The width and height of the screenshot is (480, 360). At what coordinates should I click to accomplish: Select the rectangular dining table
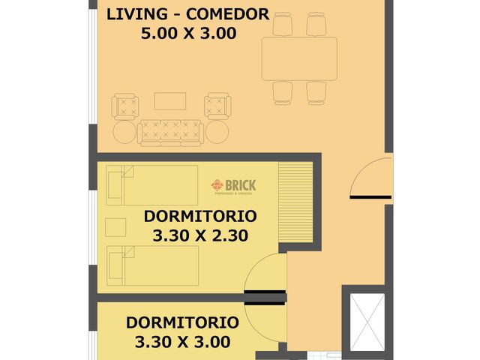click(299, 59)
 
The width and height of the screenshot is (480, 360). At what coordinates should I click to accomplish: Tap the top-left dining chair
click(283, 25)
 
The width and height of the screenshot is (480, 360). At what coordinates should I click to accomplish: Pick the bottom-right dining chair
click(316, 93)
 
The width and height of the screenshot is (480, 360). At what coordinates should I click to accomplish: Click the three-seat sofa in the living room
click(171, 131)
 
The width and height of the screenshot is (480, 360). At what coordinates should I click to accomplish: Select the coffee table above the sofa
click(169, 100)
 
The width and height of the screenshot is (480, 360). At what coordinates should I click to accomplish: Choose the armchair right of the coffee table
click(217, 106)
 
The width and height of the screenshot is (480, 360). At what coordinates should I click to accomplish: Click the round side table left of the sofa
click(124, 133)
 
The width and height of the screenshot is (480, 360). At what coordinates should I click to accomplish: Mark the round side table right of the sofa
click(217, 133)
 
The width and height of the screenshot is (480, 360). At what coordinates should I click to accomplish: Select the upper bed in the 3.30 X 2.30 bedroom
click(151, 184)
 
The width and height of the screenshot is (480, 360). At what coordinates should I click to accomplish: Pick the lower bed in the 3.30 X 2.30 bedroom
click(151, 265)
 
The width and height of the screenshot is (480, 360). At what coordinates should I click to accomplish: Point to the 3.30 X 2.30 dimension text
click(199, 235)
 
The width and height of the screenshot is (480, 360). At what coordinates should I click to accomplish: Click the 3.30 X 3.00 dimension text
click(182, 342)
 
